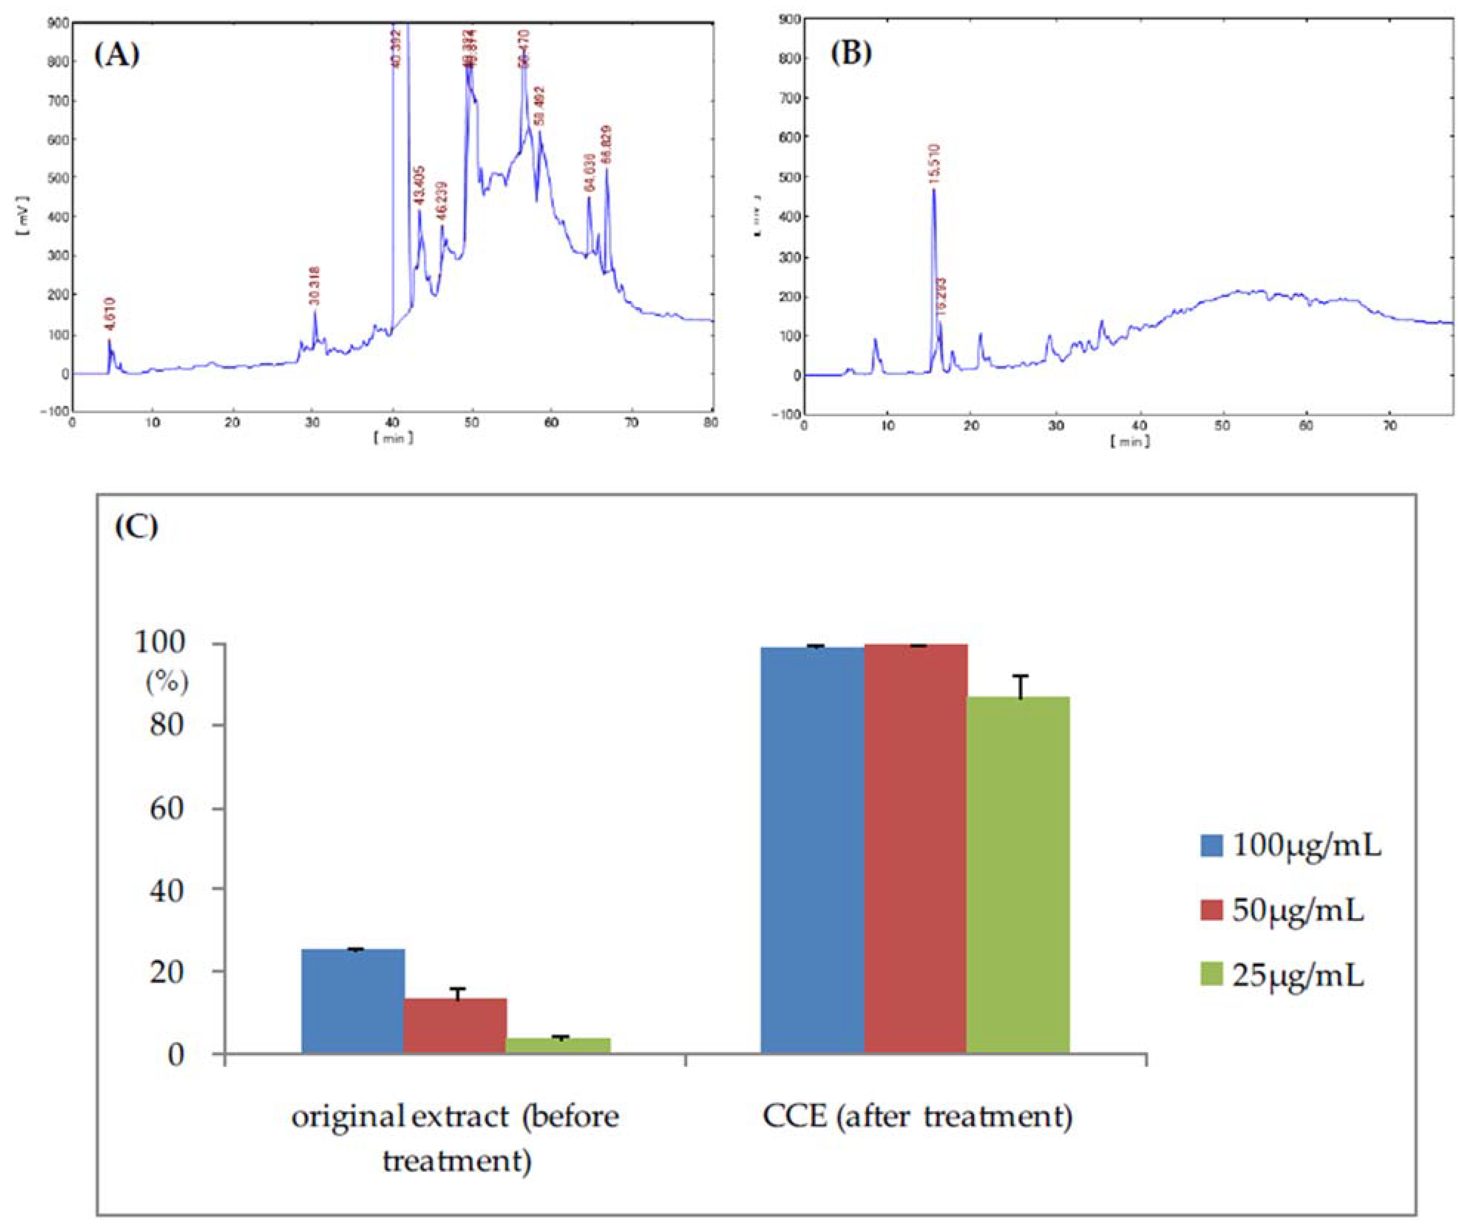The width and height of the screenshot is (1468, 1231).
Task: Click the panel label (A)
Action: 117,54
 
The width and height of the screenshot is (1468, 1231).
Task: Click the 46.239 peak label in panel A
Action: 442,201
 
